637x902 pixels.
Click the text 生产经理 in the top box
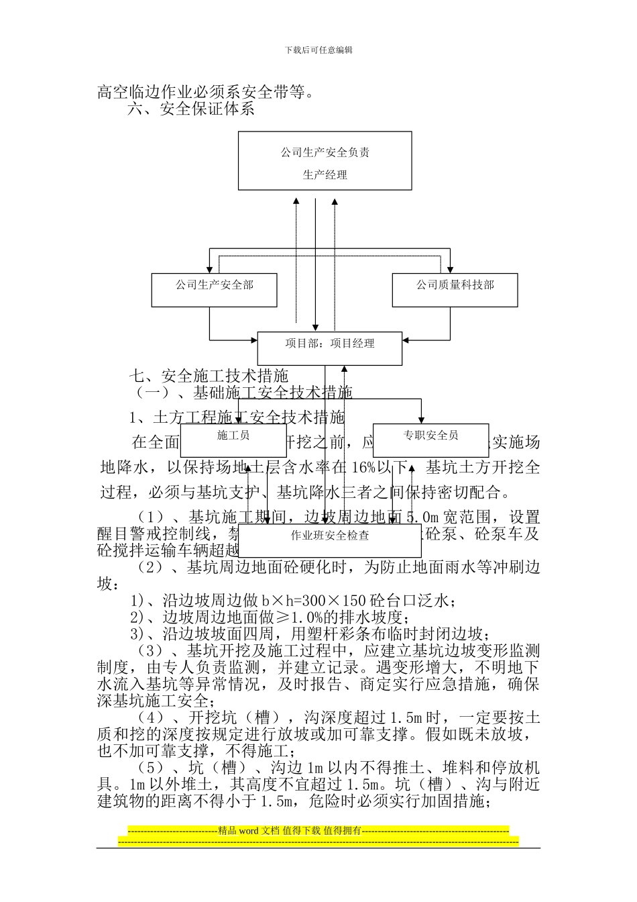[x=325, y=175]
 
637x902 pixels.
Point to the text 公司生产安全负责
[x=325, y=152]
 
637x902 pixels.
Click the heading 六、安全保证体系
[x=191, y=109]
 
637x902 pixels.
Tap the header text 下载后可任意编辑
[x=318, y=50]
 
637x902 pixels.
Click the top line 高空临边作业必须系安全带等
[x=205, y=92]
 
